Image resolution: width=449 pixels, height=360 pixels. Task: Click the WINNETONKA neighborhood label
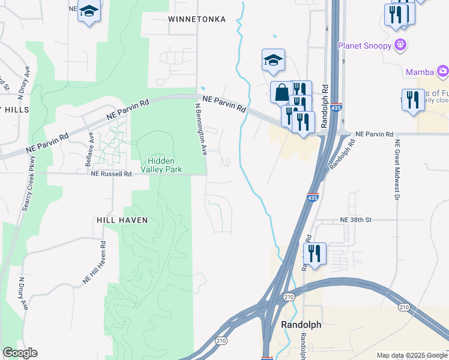click(197, 19)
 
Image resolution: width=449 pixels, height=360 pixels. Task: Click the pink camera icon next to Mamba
click(443, 72)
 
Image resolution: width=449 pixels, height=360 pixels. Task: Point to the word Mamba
click(420, 72)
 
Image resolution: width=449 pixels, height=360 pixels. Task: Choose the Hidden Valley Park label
click(165, 165)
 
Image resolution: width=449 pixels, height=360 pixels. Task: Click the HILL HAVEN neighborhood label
click(122, 220)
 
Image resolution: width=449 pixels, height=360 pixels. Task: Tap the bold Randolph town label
click(301, 325)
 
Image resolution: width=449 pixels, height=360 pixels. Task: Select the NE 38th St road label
click(355, 220)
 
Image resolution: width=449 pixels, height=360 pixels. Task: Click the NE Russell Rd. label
click(111, 174)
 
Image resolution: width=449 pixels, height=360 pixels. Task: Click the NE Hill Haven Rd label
click(94, 262)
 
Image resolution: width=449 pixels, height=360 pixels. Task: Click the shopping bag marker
click(282, 93)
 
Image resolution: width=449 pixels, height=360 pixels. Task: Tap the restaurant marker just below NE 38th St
click(315, 253)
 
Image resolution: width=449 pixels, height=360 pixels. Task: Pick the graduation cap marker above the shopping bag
click(273, 60)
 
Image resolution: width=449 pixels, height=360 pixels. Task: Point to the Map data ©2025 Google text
click(411, 355)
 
